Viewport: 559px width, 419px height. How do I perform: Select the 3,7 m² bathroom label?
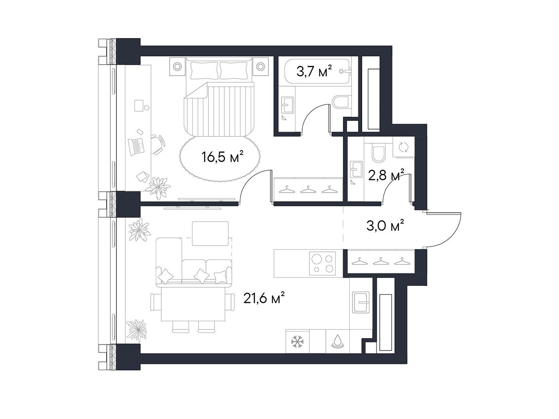[x=314, y=71]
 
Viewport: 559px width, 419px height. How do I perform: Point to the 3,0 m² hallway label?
[x=385, y=226]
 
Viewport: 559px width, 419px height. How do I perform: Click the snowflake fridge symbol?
[x=297, y=342]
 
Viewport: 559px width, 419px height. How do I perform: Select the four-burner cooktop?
[x=322, y=263]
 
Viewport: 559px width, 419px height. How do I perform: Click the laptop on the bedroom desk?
[x=136, y=147]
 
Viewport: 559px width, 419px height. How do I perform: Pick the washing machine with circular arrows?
[x=403, y=147]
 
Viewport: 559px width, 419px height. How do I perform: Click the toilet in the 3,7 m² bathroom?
[x=342, y=105]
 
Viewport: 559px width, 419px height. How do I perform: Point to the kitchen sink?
[x=361, y=302]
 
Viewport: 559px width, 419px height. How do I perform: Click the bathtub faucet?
[x=346, y=72]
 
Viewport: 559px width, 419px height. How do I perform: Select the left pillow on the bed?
[x=204, y=70]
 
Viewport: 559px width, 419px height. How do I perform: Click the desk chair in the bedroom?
[x=158, y=144]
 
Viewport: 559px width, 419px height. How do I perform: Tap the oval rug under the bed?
[x=220, y=159]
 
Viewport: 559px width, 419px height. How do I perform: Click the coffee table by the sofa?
[x=210, y=233]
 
